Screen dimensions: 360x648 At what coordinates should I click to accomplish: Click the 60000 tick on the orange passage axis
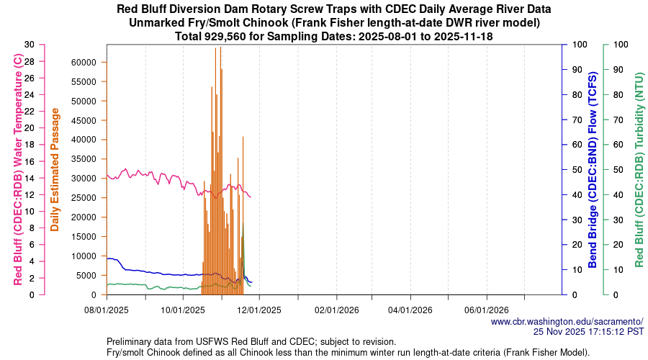[81, 62]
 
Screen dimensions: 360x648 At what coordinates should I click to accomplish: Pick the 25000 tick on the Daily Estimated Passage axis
[81, 197]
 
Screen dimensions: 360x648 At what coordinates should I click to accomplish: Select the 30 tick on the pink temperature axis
[28, 45]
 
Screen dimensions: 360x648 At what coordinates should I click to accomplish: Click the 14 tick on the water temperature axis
[28, 178]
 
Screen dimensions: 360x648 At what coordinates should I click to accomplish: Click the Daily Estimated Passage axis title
[55, 169]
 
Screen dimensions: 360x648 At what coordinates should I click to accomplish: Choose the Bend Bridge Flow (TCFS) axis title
[593, 169]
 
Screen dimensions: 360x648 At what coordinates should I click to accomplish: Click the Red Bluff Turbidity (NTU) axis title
[639, 169]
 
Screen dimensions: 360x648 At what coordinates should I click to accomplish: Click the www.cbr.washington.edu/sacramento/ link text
[567, 321]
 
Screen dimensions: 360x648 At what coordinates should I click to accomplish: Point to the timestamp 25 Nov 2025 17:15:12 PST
[588, 331]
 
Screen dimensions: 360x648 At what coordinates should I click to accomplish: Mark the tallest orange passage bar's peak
[220, 47]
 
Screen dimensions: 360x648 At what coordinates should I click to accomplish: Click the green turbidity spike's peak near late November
[243, 223]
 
